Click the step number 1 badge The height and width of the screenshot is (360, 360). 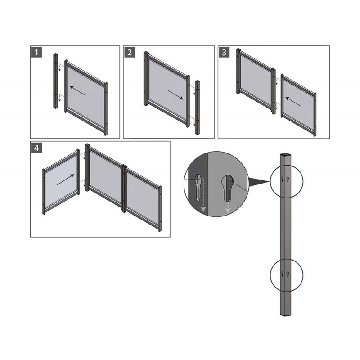[x=36, y=52]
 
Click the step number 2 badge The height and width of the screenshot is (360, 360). [x=130, y=52]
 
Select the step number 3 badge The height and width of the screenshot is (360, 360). [x=224, y=52]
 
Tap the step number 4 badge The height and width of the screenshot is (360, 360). [x=36, y=148]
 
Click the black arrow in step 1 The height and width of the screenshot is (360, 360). [x=77, y=91]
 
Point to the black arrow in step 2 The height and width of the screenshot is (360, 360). [x=175, y=95]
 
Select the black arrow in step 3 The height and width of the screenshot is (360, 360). [x=293, y=101]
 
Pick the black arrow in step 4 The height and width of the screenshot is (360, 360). [x=65, y=180]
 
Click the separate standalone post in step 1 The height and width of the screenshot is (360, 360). [x=56, y=81]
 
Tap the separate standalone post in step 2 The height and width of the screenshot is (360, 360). [x=198, y=107]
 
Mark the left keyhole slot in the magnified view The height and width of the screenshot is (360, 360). [x=198, y=188]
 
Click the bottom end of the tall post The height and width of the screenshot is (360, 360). [x=286, y=314]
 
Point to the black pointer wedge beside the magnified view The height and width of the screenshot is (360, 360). [x=259, y=182]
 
